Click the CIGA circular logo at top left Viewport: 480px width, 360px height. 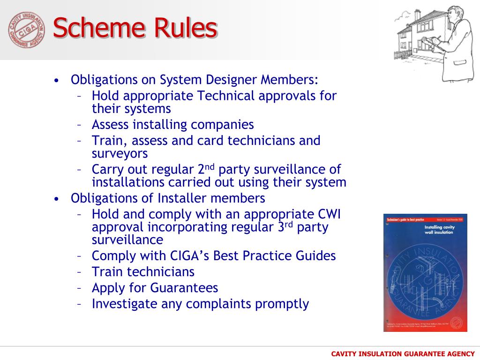[27, 30]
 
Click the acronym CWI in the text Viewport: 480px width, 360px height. [328, 215]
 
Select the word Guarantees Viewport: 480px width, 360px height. [184, 287]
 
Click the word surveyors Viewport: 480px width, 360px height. [120, 153]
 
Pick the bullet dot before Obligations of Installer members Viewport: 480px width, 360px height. [57, 199]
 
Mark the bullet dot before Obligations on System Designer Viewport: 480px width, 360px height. [57, 80]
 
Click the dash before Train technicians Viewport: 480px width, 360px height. [80, 272]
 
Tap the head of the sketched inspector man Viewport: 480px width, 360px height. [454, 14]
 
